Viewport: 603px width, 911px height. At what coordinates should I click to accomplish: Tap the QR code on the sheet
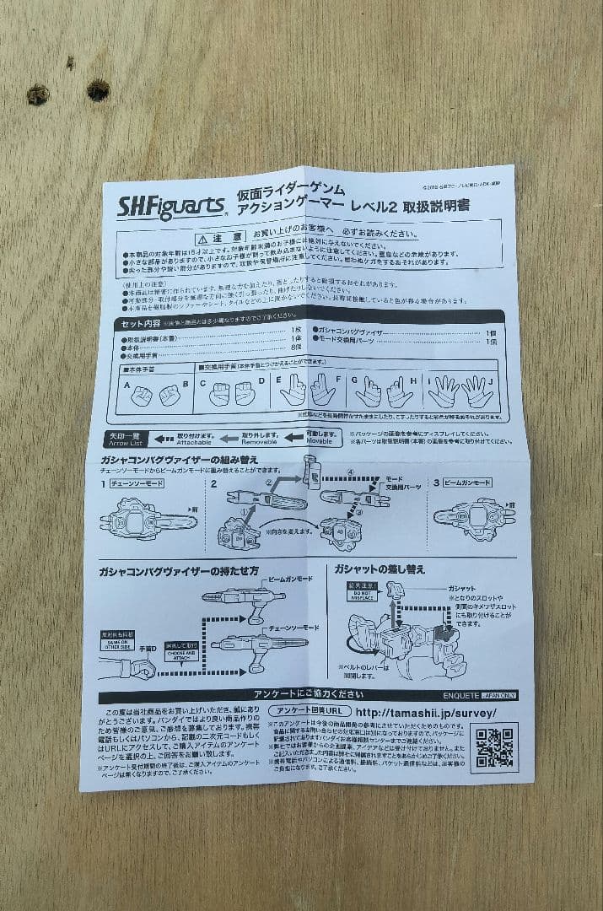tap(494, 747)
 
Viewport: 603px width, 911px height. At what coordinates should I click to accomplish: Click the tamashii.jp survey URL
tap(425, 713)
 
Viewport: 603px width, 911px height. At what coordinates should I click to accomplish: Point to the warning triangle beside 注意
tap(202, 239)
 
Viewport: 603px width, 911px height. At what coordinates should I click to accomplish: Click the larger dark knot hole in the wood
tap(98, 89)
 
